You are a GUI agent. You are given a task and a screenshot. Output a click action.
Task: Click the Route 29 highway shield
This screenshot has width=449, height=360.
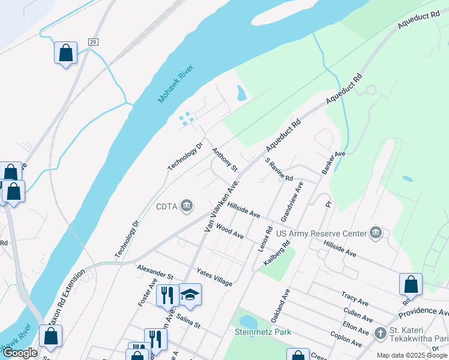pos(93,41)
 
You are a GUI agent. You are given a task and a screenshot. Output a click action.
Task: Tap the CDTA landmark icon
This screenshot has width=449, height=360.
pos(187,206)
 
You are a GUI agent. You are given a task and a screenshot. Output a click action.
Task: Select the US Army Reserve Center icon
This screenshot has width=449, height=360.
pos(376,233)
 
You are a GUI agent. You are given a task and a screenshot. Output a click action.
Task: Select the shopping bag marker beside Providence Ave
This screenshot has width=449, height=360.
pos(411,284)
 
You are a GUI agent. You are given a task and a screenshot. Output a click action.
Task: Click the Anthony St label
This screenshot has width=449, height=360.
pos(224,160)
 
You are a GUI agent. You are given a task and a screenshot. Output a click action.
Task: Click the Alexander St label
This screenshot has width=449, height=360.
pos(155,272)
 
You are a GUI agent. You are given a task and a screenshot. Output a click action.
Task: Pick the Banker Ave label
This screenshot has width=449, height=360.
pos(333,163)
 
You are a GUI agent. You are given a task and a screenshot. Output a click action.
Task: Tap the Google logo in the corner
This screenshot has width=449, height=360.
pos(20,353)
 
